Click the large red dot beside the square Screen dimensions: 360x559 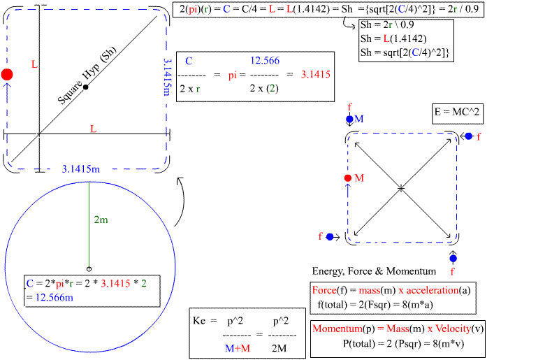coord(7,74)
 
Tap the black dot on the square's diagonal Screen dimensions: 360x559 coord(85,87)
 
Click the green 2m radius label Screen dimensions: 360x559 coord(101,219)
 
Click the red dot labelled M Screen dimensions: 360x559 coord(347,178)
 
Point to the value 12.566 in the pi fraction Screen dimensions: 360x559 coord(265,61)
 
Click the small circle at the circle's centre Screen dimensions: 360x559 coord(88,268)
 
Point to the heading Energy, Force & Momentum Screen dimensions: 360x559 coord(374,271)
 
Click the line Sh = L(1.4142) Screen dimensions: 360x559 coord(393,38)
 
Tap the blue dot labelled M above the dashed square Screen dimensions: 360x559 coord(349,120)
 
